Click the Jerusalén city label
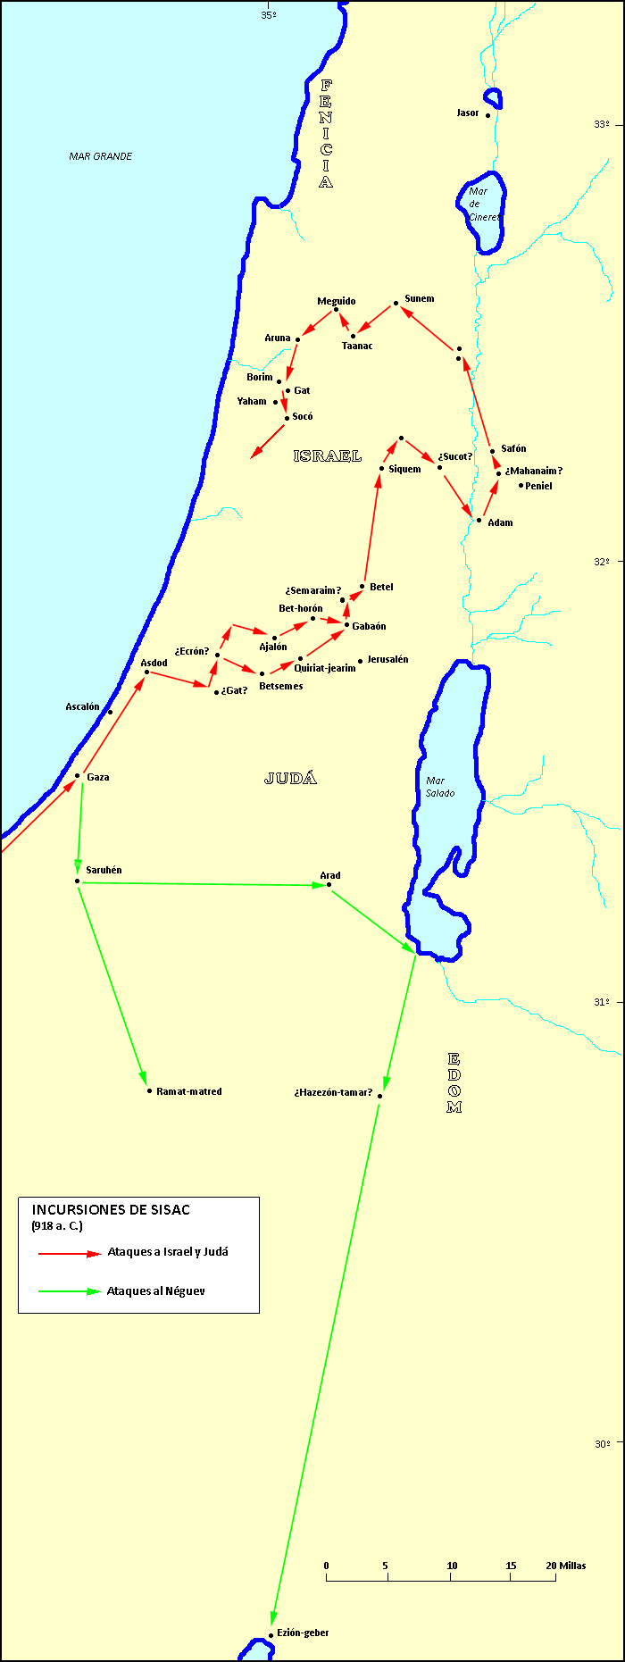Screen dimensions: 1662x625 [387, 659]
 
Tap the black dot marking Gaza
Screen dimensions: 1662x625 [78, 776]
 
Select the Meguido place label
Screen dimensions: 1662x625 [336, 301]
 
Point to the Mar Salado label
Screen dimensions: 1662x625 [439, 787]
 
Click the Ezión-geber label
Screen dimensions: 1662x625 [303, 1633]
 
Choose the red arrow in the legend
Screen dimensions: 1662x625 [70, 1253]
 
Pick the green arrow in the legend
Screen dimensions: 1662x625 [70, 1291]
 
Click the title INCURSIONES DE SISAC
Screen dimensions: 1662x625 [111, 1209]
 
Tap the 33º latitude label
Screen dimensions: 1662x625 [602, 124]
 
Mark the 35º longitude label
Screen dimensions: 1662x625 [268, 15]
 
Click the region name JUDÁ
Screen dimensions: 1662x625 [290, 778]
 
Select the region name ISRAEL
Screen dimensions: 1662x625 [327, 455]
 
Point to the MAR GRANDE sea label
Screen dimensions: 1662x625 [100, 156]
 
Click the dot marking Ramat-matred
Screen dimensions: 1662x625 [149, 1090]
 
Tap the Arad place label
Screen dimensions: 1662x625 [329, 875]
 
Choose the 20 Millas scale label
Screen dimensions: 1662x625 [566, 1566]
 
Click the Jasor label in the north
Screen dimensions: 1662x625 [468, 113]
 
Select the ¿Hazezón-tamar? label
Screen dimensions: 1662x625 [333, 1092]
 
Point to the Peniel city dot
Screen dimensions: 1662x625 [521, 485]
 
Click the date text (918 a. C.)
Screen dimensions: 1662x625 [57, 1226]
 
